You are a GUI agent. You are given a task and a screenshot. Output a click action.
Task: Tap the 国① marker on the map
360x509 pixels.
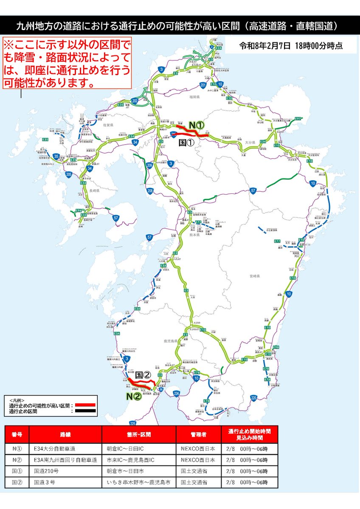(x=186, y=143)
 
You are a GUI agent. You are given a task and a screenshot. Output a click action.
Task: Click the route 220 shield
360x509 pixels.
(x=253, y=397)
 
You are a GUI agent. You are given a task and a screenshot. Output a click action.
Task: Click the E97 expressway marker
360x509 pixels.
(x=298, y=118)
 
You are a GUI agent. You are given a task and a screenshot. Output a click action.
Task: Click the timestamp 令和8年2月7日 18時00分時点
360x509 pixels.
(x=291, y=45)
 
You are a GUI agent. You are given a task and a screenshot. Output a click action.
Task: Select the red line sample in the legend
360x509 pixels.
(x=86, y=406)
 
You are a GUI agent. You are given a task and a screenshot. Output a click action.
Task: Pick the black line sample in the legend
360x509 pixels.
(x=86, y=411)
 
